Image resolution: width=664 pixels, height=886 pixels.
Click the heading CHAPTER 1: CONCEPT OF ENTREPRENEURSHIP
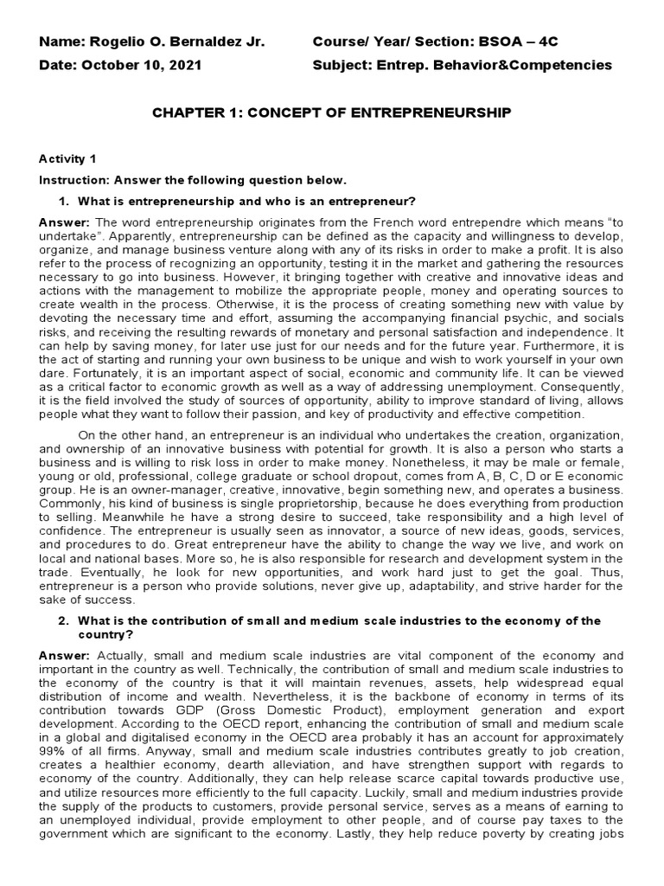(331, 112)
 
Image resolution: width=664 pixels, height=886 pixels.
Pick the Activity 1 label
(62, 158)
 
